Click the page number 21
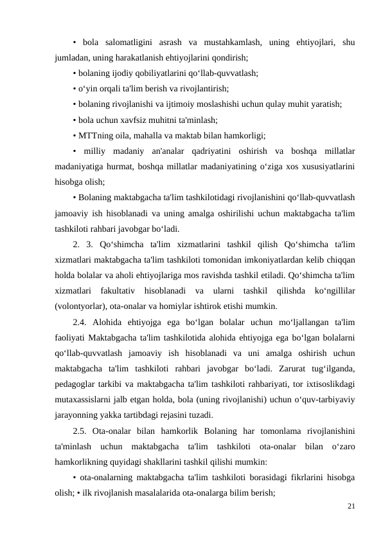pyautogui.click(x=350, y=506)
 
